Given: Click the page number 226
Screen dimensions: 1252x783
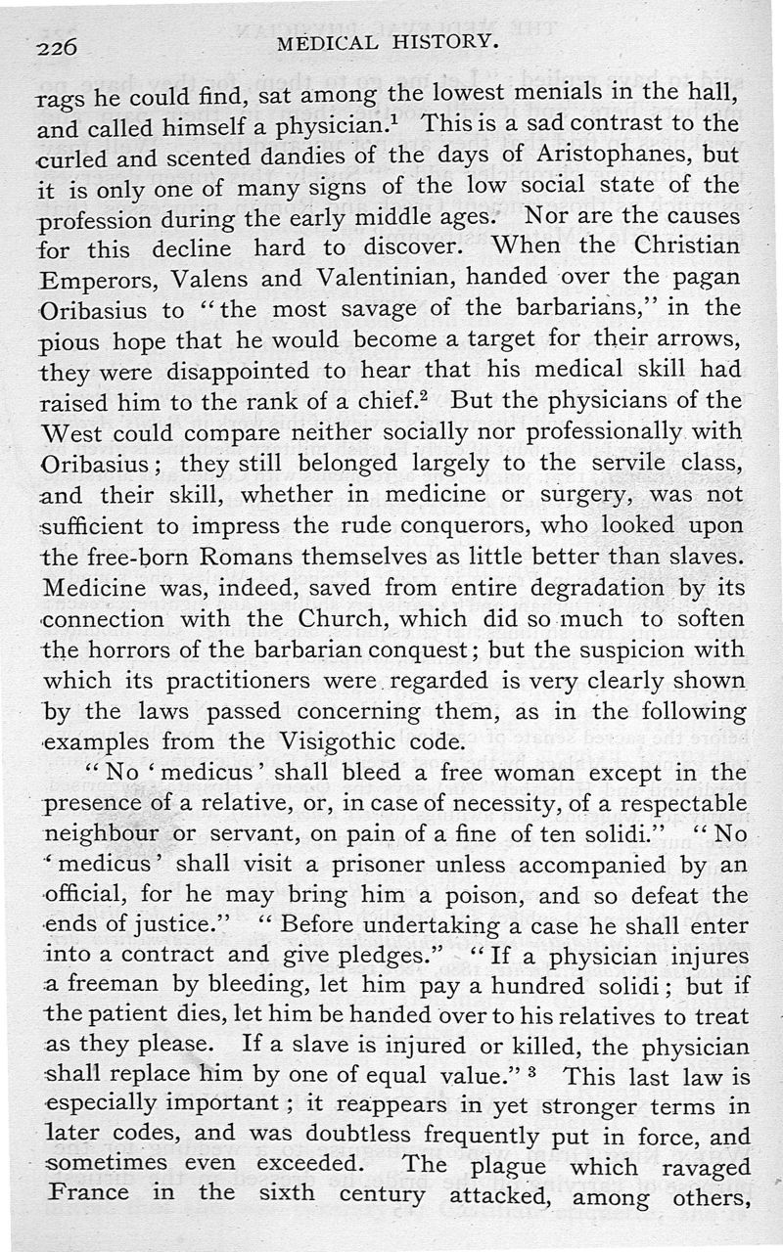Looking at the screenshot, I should pyautogui.click(x=56, y=46).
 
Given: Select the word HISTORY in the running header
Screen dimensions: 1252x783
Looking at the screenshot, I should pyautogui.click(x=439, y=43).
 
